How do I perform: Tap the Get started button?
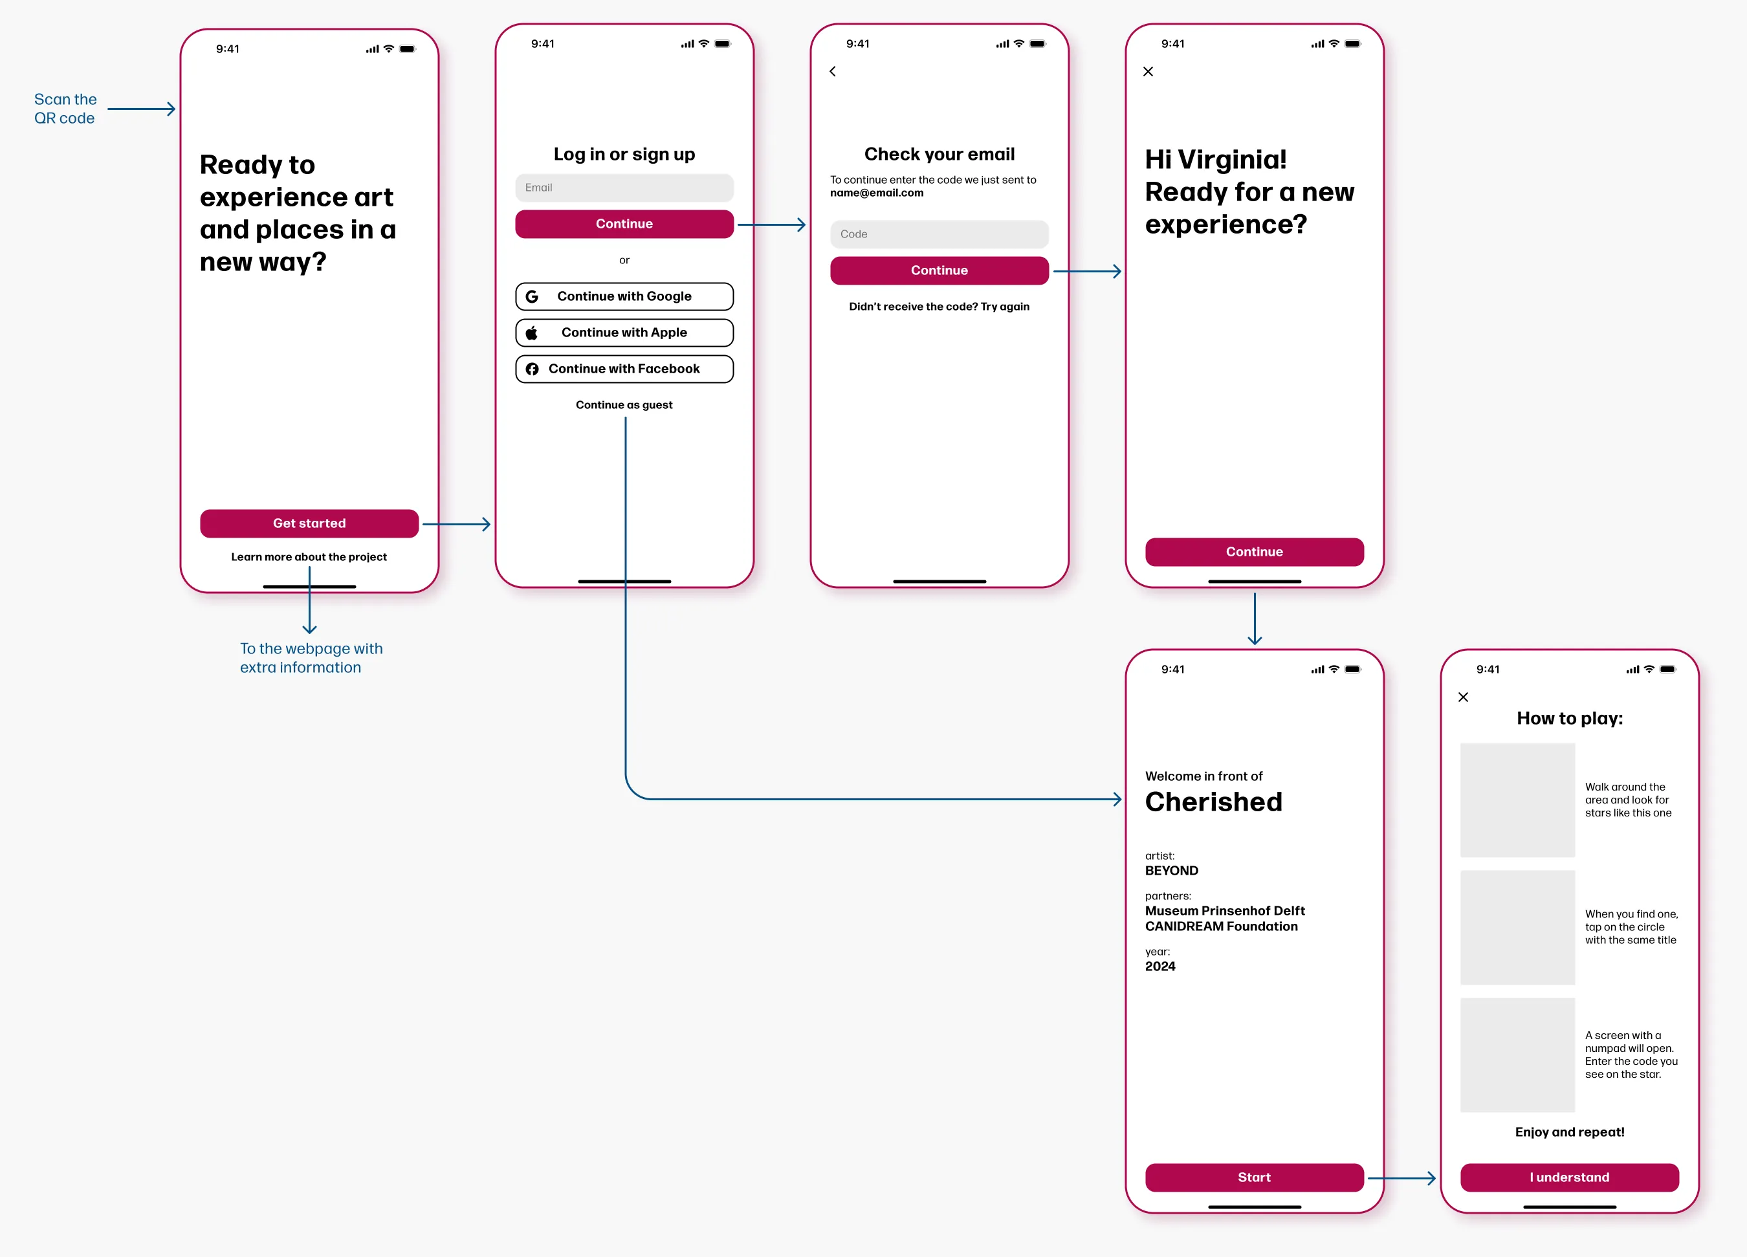309,523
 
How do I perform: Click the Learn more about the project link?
309,557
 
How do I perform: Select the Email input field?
624,188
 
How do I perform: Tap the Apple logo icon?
531,333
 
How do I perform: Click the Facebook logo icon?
531,369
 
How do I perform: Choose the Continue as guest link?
624,405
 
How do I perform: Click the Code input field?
939,234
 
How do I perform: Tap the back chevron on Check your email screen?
833,72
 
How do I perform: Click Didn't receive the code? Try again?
939,307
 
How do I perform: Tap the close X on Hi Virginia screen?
1148,72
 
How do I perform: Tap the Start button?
1254,1177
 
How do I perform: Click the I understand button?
1569,1177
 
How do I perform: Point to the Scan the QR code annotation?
65,109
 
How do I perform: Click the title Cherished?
1213,802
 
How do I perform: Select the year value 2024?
1160,967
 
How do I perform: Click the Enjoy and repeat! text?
1569,1131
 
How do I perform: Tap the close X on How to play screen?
1463,697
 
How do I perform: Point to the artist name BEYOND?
1172,870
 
